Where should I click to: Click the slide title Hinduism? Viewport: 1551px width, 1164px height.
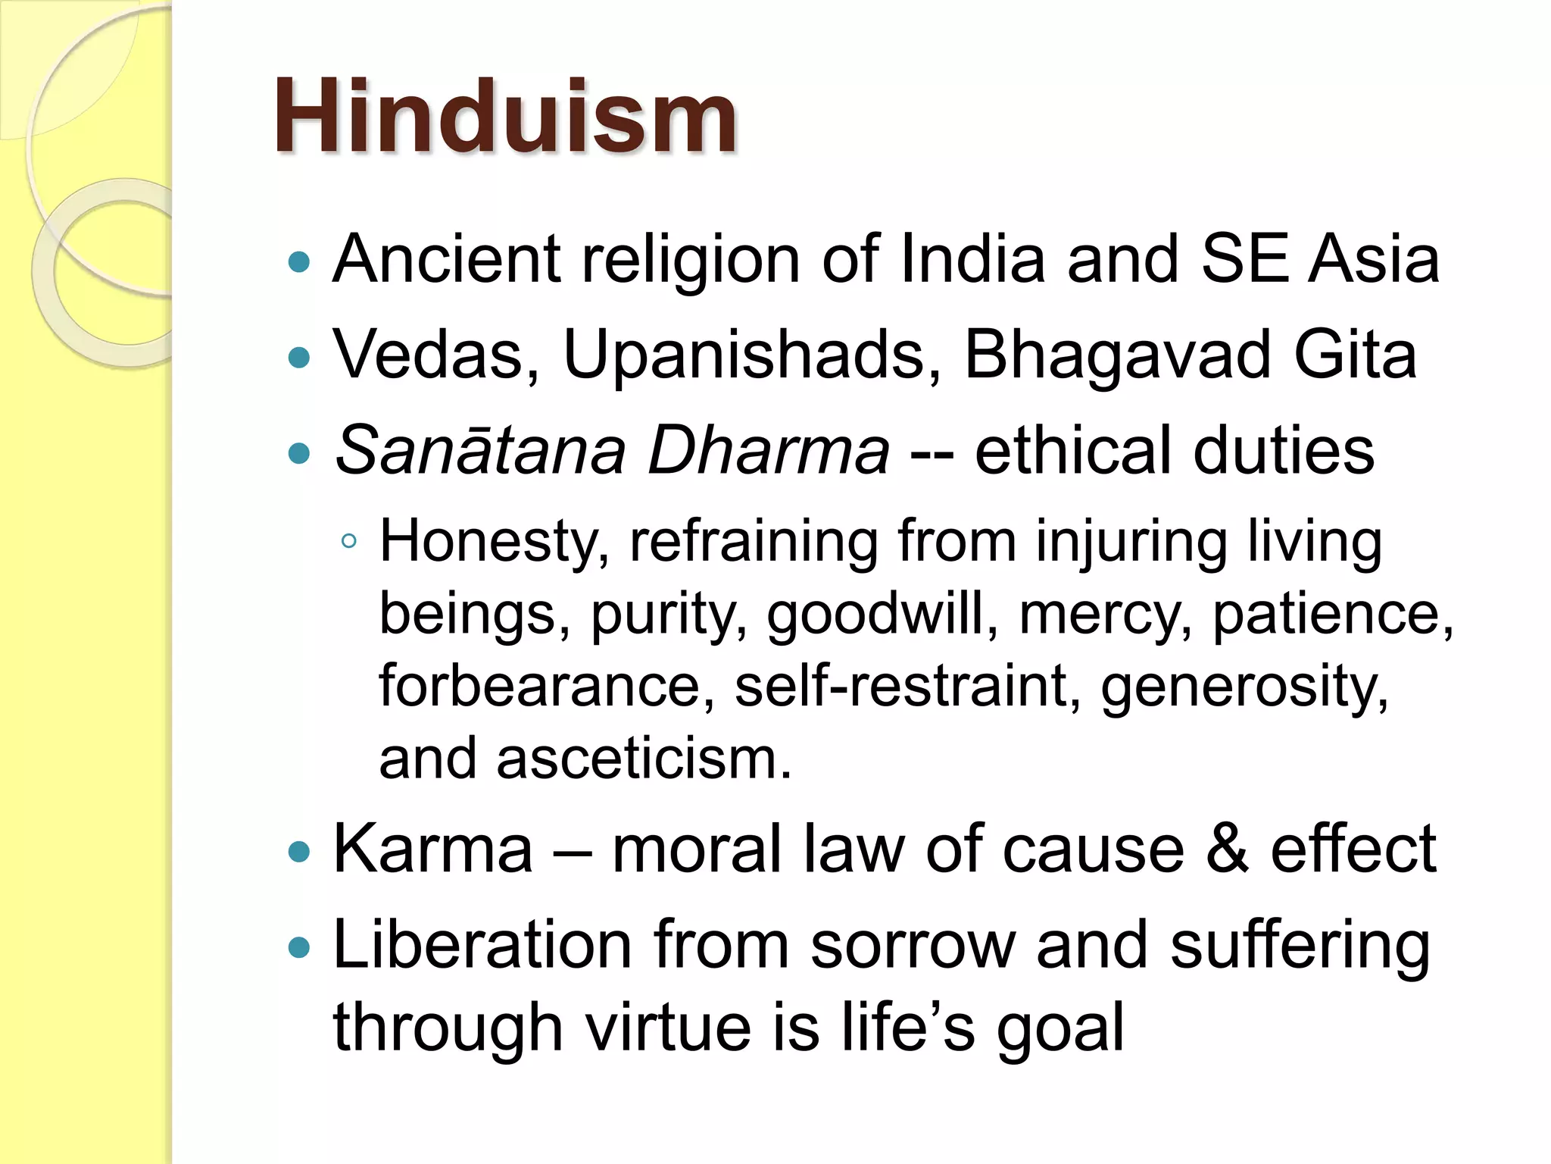click(x=505, y=117)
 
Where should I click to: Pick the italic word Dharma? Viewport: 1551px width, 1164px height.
click(x=768, y=450)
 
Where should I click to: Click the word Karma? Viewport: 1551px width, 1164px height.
click(x=433, y=849)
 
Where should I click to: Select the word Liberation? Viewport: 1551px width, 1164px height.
click(x=482, y=944)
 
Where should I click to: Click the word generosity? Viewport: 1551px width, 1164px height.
click(x=1244, y=687)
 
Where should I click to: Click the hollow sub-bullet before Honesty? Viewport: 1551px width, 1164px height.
click(x=348, y=541)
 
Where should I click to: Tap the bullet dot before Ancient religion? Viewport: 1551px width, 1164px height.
click(x=300, y=262)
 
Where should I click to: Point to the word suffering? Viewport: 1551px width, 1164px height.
click(x=1300, y=944)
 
